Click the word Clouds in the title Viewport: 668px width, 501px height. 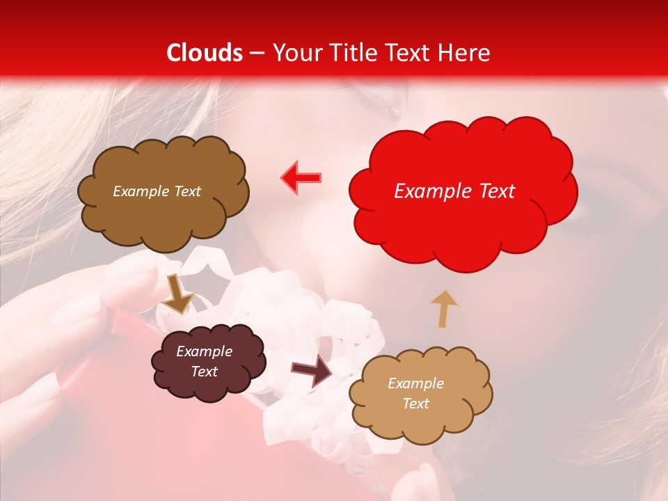205,53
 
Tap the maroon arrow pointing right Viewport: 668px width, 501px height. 312,370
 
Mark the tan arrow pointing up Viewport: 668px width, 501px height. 444,309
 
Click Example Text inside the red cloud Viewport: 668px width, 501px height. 454,191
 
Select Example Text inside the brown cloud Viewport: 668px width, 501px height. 157,191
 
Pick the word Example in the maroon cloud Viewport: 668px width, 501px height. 204,351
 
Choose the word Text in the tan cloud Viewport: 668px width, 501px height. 415,404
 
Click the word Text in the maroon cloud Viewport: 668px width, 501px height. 205,372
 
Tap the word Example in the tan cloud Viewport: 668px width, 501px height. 415,383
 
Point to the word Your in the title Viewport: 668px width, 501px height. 294,53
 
